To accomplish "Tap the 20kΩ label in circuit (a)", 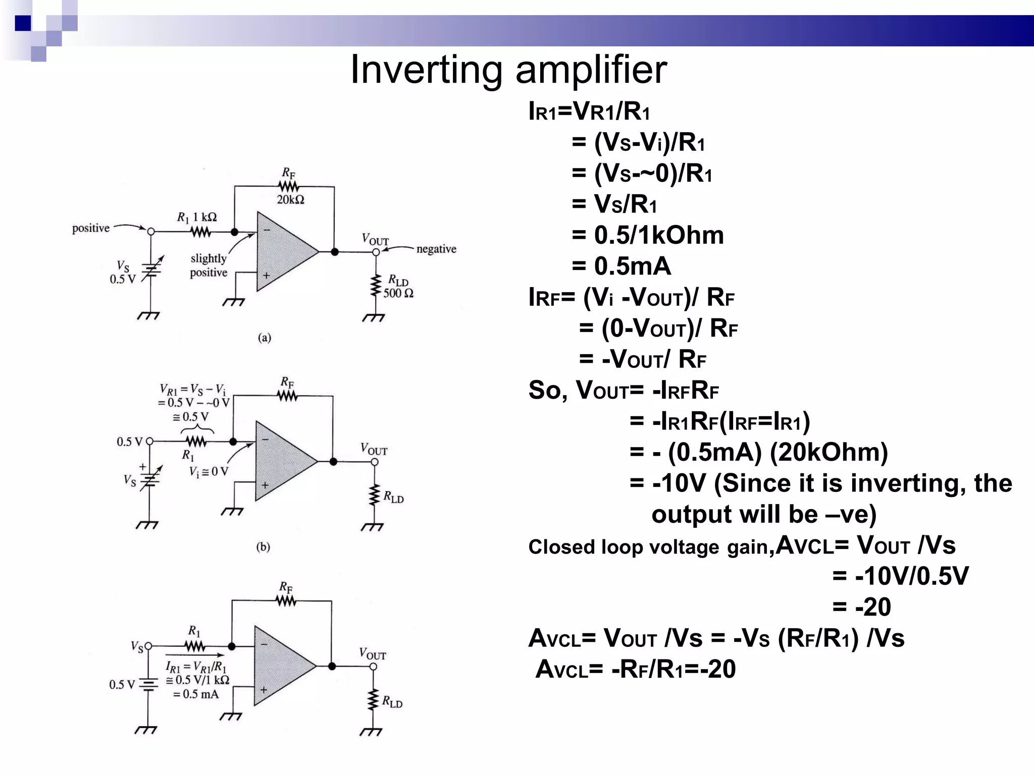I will click(x=290, y=200).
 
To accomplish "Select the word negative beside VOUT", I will click(x=436, y=249).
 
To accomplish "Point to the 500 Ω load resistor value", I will click(x=398, y=293).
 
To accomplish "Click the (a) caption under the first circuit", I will click(x=265, y=338).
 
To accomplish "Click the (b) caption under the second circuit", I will click(x=263, y=546).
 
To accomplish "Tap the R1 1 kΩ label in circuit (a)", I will click(x=197, y=217).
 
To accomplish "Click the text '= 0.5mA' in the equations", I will click(x=621, y=266).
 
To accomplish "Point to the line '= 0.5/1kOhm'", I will click(x=648, y=235).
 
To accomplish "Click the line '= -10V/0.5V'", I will click(x=900, y=576).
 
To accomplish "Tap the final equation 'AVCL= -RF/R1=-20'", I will click(x=635, y=669).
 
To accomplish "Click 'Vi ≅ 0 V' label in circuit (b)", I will click(x=209, y=472).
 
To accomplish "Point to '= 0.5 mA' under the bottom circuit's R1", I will click(x=196, y=694).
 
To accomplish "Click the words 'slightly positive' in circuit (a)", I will click(x=209, y=265).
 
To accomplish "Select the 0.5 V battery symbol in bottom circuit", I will click(x=148, y=685).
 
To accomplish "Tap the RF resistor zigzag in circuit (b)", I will click(x=288, y=397).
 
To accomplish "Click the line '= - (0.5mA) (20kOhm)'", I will click(x=758, y=452).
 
